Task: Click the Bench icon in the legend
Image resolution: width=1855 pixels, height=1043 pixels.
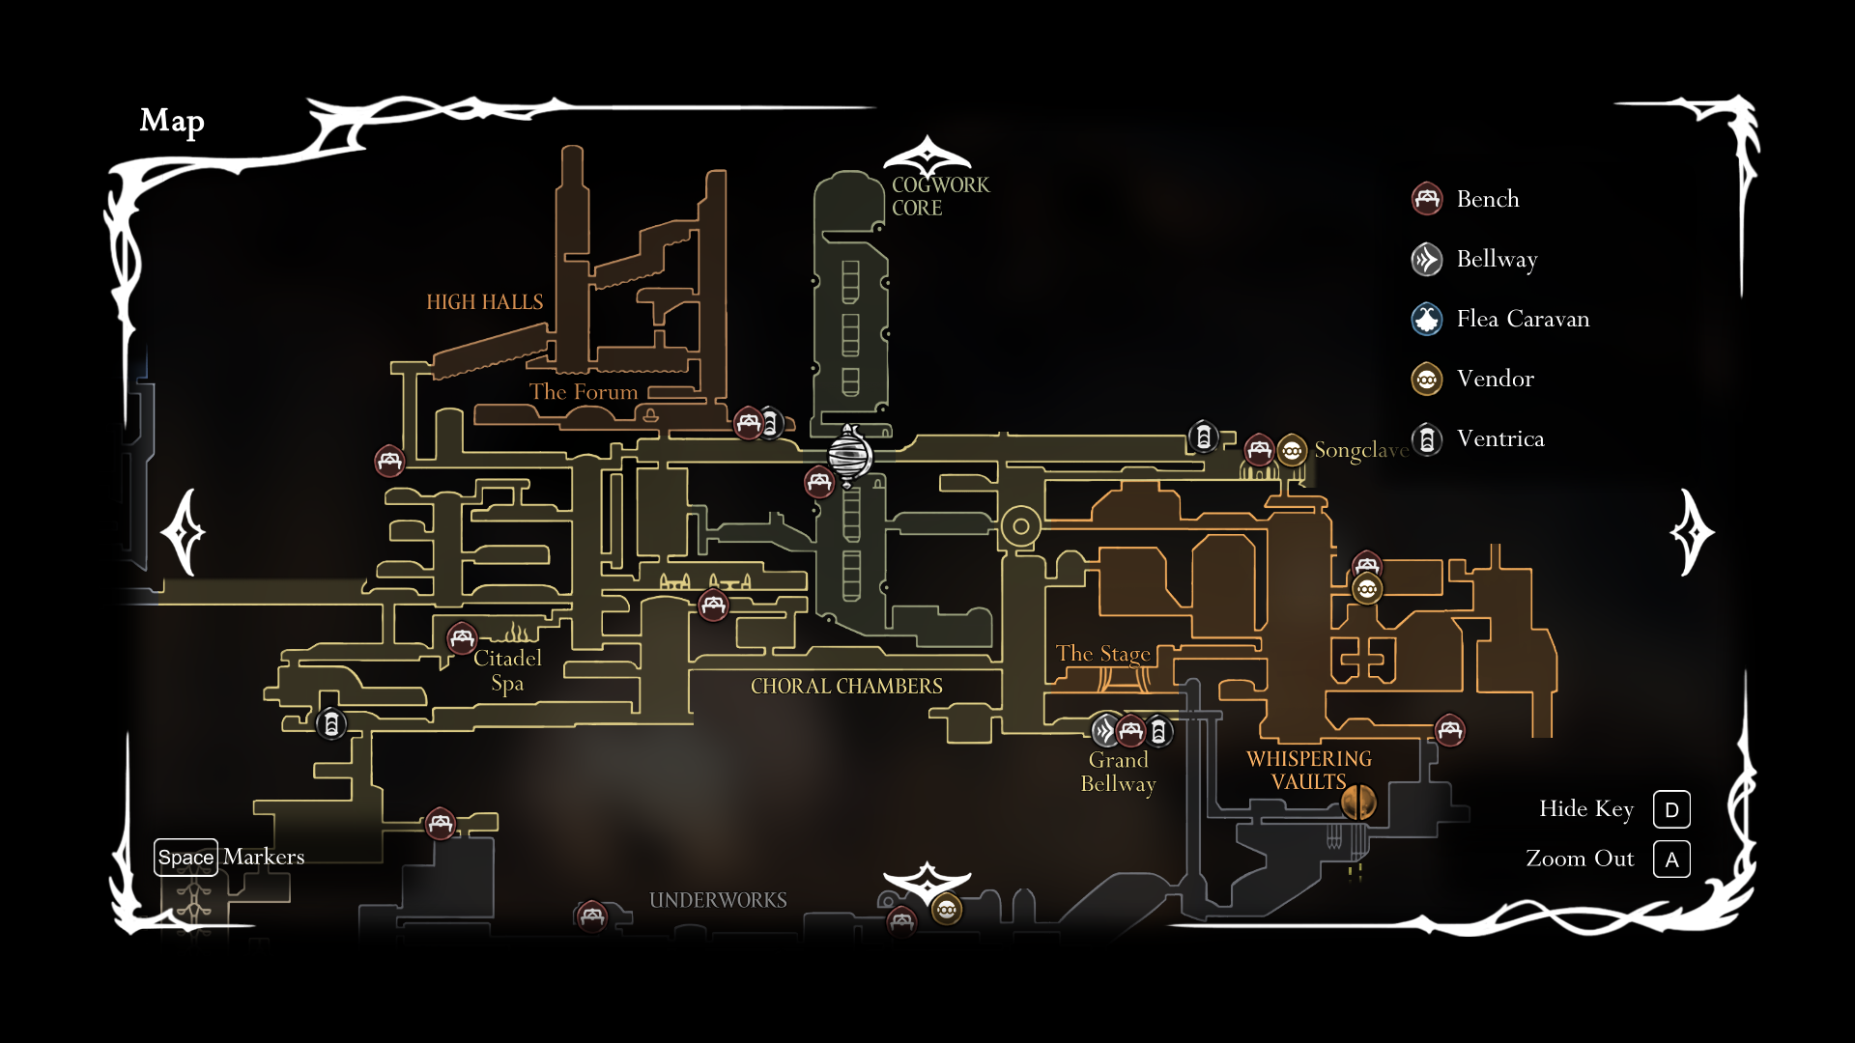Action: tap(1427, 199)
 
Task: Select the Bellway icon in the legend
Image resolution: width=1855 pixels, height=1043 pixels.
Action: tap(1427, 260)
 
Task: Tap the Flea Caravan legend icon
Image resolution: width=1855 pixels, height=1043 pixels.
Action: tap(1427, 320)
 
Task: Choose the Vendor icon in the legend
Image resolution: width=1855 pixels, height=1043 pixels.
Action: tap(1427, 380)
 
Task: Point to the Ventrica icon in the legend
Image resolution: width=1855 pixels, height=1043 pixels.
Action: tap(1427, 439)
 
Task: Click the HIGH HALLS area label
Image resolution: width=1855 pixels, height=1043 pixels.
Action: tap(484, 302)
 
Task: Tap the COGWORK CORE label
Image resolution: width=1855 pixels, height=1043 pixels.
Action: tap(939, 196)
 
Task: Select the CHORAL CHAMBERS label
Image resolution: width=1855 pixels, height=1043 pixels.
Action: tap(846, 687)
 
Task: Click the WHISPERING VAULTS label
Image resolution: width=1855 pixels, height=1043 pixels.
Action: tap(1308, 771)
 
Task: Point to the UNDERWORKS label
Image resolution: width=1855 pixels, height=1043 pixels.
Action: tap(718, 900)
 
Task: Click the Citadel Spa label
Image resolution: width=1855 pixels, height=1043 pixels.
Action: tap(507, 670)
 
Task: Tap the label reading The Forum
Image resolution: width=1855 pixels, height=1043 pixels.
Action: tap(583, 392)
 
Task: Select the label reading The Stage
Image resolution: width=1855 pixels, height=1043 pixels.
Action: tap(1102, 654)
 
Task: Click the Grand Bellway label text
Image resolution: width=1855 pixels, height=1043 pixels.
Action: tap(1118, 772)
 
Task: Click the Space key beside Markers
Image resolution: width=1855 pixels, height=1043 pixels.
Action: tap(185, 858)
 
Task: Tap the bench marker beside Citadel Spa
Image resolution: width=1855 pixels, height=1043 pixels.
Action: tap(462, 638)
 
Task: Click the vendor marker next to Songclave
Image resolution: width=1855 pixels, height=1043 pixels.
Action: tap(1292, 450)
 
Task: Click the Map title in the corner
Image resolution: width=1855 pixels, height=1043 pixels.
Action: tap(172, 121)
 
